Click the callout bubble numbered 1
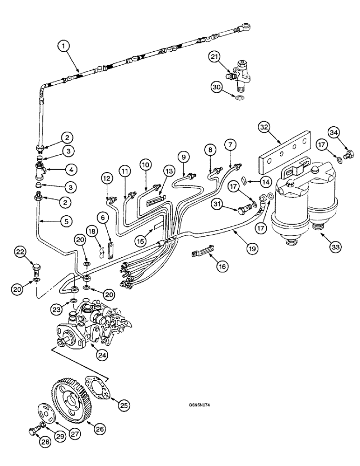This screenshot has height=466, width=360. [64, 46]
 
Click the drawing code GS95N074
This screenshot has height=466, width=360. [200, 405]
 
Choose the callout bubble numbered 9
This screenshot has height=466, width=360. [183, 158]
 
